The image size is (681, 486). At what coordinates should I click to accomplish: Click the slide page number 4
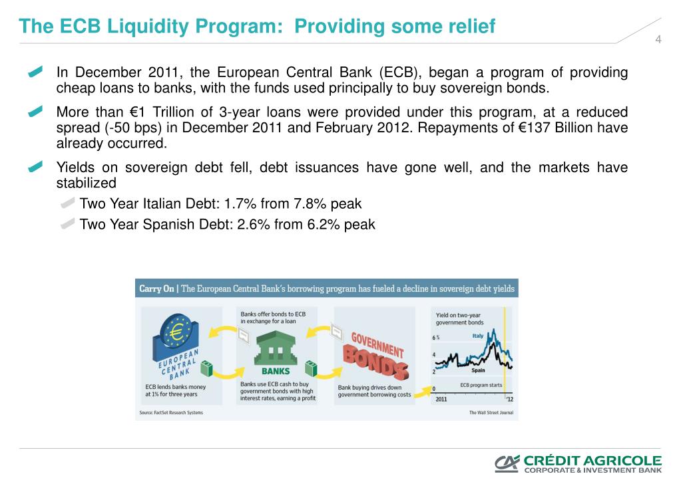(x=658, y=40)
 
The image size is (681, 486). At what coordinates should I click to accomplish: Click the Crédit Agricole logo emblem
(x=507, y=464)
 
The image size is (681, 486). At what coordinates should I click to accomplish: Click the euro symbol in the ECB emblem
(x=177, y=332)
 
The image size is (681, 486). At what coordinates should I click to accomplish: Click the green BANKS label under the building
(x=275, y=372)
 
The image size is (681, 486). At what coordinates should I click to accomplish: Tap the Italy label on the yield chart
(x=478, y=336)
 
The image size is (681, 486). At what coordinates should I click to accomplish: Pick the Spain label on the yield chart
(x=478, y=371)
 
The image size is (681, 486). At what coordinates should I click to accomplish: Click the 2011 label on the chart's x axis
(x=441, y=399)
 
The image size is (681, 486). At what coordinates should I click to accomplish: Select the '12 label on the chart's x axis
(x=509, y=399)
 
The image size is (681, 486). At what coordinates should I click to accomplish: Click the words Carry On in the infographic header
(x=156, y=289)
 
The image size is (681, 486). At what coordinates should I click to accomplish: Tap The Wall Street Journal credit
(x=491, y=413)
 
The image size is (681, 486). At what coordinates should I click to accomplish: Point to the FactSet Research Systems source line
(x=171, y=413)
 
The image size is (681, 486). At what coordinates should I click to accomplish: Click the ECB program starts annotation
(x=481, y=386)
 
